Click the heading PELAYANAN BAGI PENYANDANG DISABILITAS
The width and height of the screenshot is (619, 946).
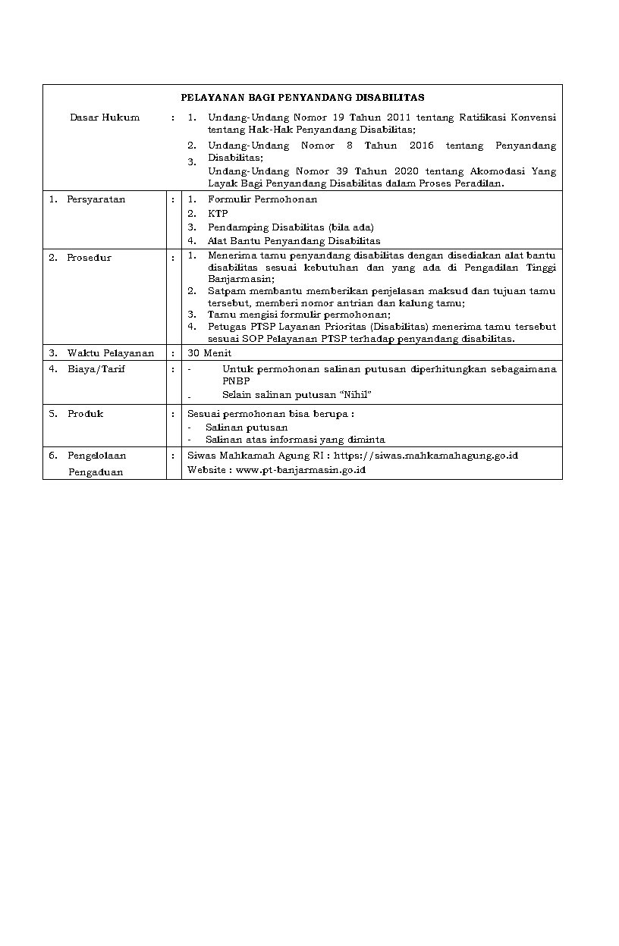[x=302, y=98]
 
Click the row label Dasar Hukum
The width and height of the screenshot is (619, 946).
[x=105, y=117]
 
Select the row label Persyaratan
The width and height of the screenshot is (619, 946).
[x=96, y=199]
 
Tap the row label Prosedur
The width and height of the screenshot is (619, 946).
[x=89, y=258]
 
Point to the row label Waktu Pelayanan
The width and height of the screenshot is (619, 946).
[x=110, y=353]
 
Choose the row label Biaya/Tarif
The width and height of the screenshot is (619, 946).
[x=96, y=369]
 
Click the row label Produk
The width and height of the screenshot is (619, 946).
[x=85, y=414]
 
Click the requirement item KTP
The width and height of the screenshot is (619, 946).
[x=218, y=214]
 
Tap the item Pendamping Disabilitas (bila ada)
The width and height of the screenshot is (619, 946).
[x=291, y=227]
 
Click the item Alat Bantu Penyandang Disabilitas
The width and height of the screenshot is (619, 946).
[x=294, y=241]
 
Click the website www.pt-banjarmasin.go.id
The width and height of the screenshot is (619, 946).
[x=301, y=470]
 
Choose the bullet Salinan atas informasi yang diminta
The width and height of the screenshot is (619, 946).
[x=295, y=440]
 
